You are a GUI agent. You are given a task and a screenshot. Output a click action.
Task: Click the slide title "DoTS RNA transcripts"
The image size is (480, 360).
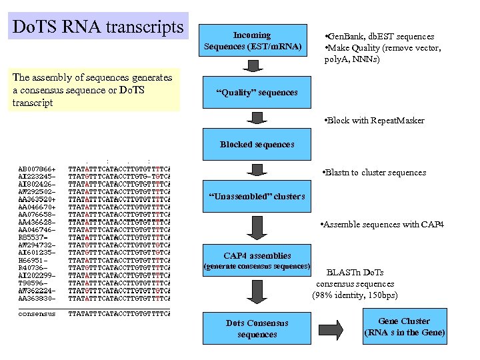pyautogui.click(x=99, y=27)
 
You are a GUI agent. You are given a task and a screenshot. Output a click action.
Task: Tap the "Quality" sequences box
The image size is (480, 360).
pyautogui.click(x=257, y=92)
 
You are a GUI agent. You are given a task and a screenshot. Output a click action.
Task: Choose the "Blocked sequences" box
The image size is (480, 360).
pyautogui.click(x=257, y=145)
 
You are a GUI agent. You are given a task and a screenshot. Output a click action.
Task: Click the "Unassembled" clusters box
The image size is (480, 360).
pyautogui.click(x=257, y=196)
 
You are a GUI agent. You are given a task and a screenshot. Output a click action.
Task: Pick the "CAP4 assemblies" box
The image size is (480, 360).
pyautogui.click(x=257, y=255)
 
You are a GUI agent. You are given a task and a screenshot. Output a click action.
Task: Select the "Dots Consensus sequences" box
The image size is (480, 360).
pyautogui.click(x=257, y=328)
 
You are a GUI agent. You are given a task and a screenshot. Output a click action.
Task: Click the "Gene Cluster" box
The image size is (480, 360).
pyautogui.click(x=404, y=327)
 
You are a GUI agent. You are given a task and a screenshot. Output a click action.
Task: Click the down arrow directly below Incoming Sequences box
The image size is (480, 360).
pyautogui.click(x=257, y=67)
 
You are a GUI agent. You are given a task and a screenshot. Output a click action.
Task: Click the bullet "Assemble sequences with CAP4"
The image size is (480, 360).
pyautogui.click(x=381, y=225)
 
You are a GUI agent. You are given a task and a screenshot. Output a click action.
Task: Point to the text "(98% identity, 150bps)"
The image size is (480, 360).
pyautogui.click(x=355, y=295)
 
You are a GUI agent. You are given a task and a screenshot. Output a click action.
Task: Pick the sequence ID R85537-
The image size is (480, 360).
pyautogui.click(x=31, y=237)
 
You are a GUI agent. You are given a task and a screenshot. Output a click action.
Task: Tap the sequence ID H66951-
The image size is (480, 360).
pyautogui.click(x=33, y=260)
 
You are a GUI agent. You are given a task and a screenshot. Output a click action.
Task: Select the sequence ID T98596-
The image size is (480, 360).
pyautogui.click(x=33, y=283)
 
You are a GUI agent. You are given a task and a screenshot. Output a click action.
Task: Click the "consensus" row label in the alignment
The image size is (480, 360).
pyautogui.click(x=37, y=313)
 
